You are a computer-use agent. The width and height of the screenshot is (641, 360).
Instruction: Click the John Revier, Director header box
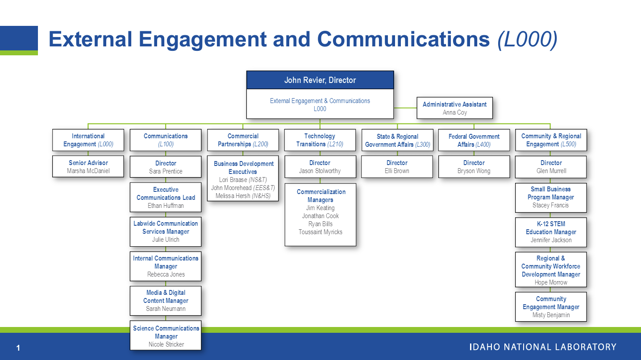click(320, 80)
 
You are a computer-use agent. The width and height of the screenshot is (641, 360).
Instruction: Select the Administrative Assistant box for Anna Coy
click(454, 108)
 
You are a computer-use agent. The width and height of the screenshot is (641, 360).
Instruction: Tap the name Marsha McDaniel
click(88, 171)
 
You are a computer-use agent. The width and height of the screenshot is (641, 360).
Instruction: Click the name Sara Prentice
click(166, 171)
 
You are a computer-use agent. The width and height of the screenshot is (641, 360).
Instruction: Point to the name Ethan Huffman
click(166, 206)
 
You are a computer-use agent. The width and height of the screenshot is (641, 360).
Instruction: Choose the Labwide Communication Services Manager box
click(166, 232)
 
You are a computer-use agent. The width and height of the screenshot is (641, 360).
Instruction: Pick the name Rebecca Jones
click(166, 274)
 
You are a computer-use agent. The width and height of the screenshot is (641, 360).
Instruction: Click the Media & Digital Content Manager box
click(166, 301)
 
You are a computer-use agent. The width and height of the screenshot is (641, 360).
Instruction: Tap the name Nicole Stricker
click(166, 344)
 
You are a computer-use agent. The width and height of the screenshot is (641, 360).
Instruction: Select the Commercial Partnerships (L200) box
click(243, 140)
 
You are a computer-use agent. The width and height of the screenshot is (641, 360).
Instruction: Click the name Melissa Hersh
click(233, 196)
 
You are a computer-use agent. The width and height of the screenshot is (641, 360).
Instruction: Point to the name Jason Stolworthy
click(320, 171)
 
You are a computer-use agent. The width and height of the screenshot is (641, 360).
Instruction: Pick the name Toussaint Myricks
click(320, 232)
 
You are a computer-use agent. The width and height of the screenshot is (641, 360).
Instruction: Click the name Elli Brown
click(397, 171)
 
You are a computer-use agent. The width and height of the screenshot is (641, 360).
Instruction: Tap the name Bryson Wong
click(474, 171)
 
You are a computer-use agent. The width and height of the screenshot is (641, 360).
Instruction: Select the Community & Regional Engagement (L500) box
click(551, 140)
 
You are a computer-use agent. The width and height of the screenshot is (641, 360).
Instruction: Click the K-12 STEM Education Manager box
click(551, 232)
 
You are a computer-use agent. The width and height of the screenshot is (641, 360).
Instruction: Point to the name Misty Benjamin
click(551, 315)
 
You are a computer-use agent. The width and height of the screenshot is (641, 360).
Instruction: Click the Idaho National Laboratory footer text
click(543, 347)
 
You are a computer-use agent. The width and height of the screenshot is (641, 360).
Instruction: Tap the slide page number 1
click(18, 348)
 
